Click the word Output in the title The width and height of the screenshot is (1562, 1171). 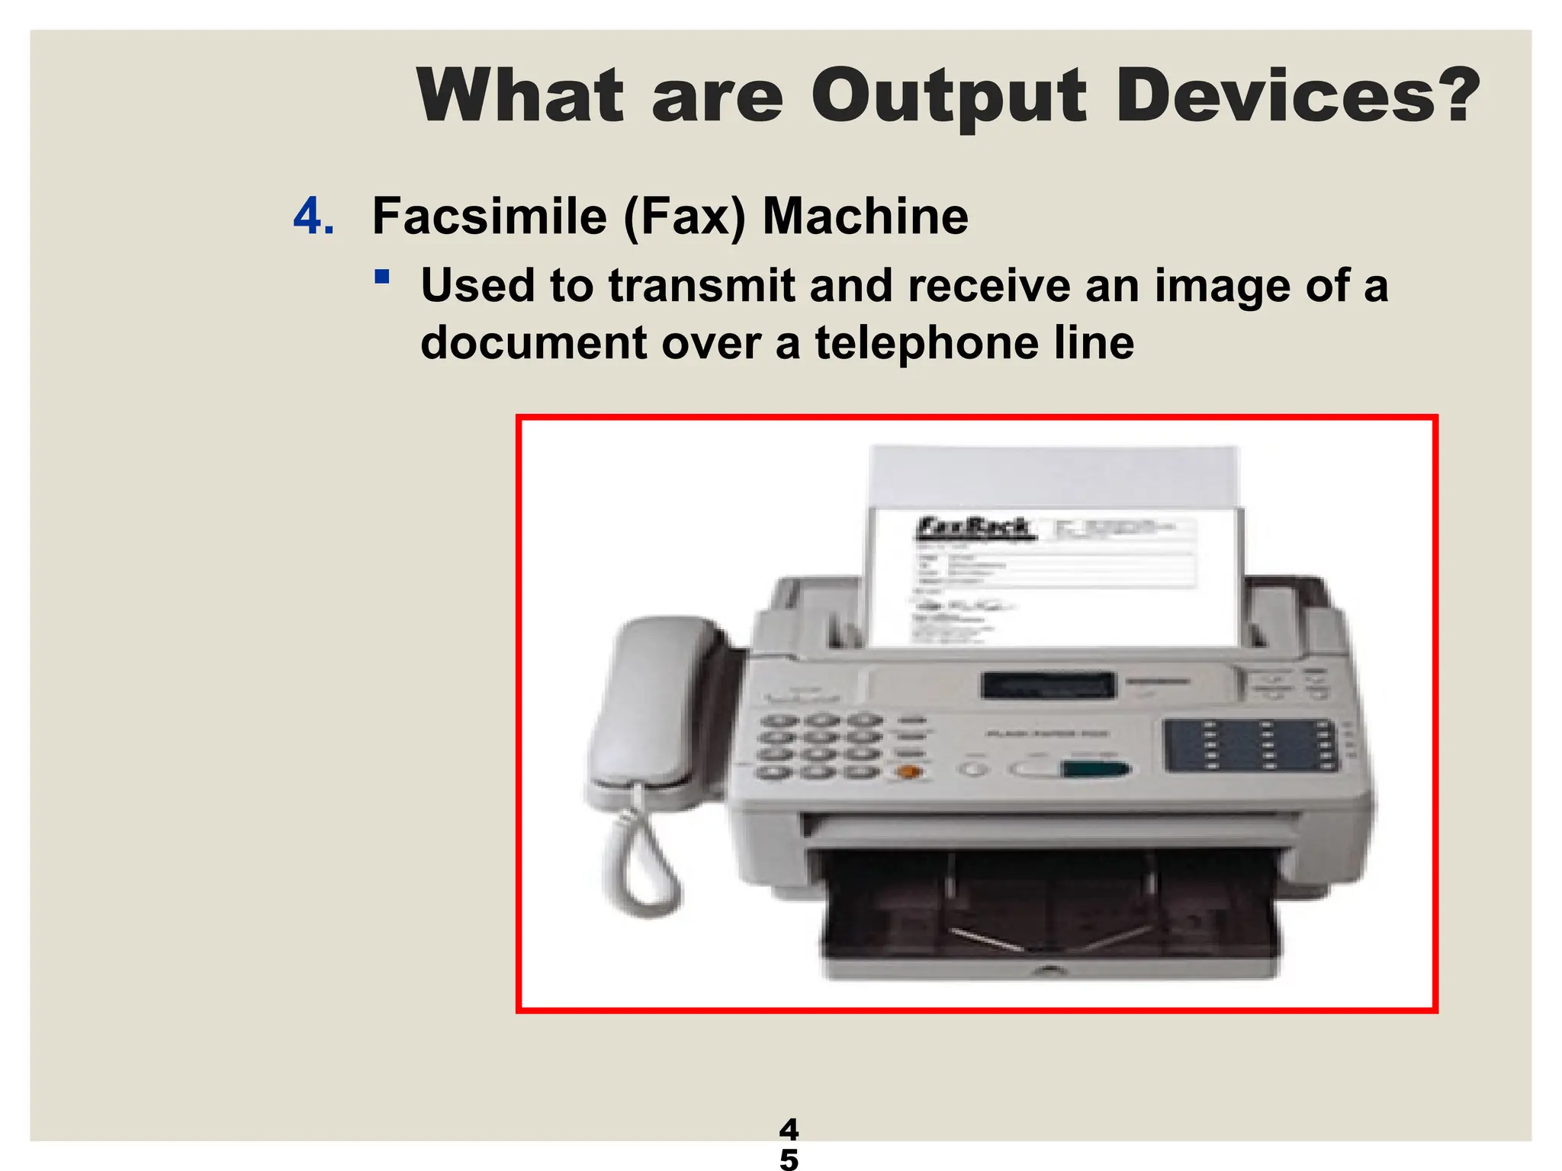[948, 98]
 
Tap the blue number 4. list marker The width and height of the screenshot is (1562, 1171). [313, 217]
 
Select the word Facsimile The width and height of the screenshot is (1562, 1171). [489, 217]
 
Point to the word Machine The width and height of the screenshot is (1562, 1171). [865, 217]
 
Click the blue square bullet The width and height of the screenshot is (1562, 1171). [382, 276]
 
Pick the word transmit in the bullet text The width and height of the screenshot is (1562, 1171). [702, 285]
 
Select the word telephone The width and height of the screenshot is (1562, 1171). [927, 343]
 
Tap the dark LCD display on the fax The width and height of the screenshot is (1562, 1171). [1048, 685]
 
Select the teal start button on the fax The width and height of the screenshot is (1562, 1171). [1094, 768]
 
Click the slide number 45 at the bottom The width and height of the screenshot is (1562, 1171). [789, 1144]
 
